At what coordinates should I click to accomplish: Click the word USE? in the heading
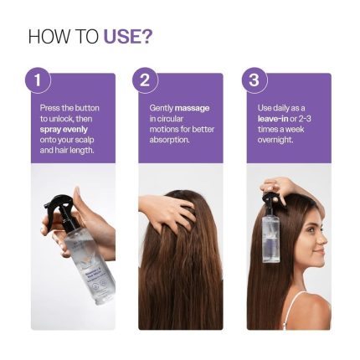(x=127, y=37)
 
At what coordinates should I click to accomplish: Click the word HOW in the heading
(x=44, y=37)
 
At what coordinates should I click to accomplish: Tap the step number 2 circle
(x=145, y=80)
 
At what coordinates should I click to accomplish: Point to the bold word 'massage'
(x=193, y=108)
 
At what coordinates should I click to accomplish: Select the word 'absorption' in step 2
(x=166, y=140)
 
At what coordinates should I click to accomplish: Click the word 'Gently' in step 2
(x=162, y=108)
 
